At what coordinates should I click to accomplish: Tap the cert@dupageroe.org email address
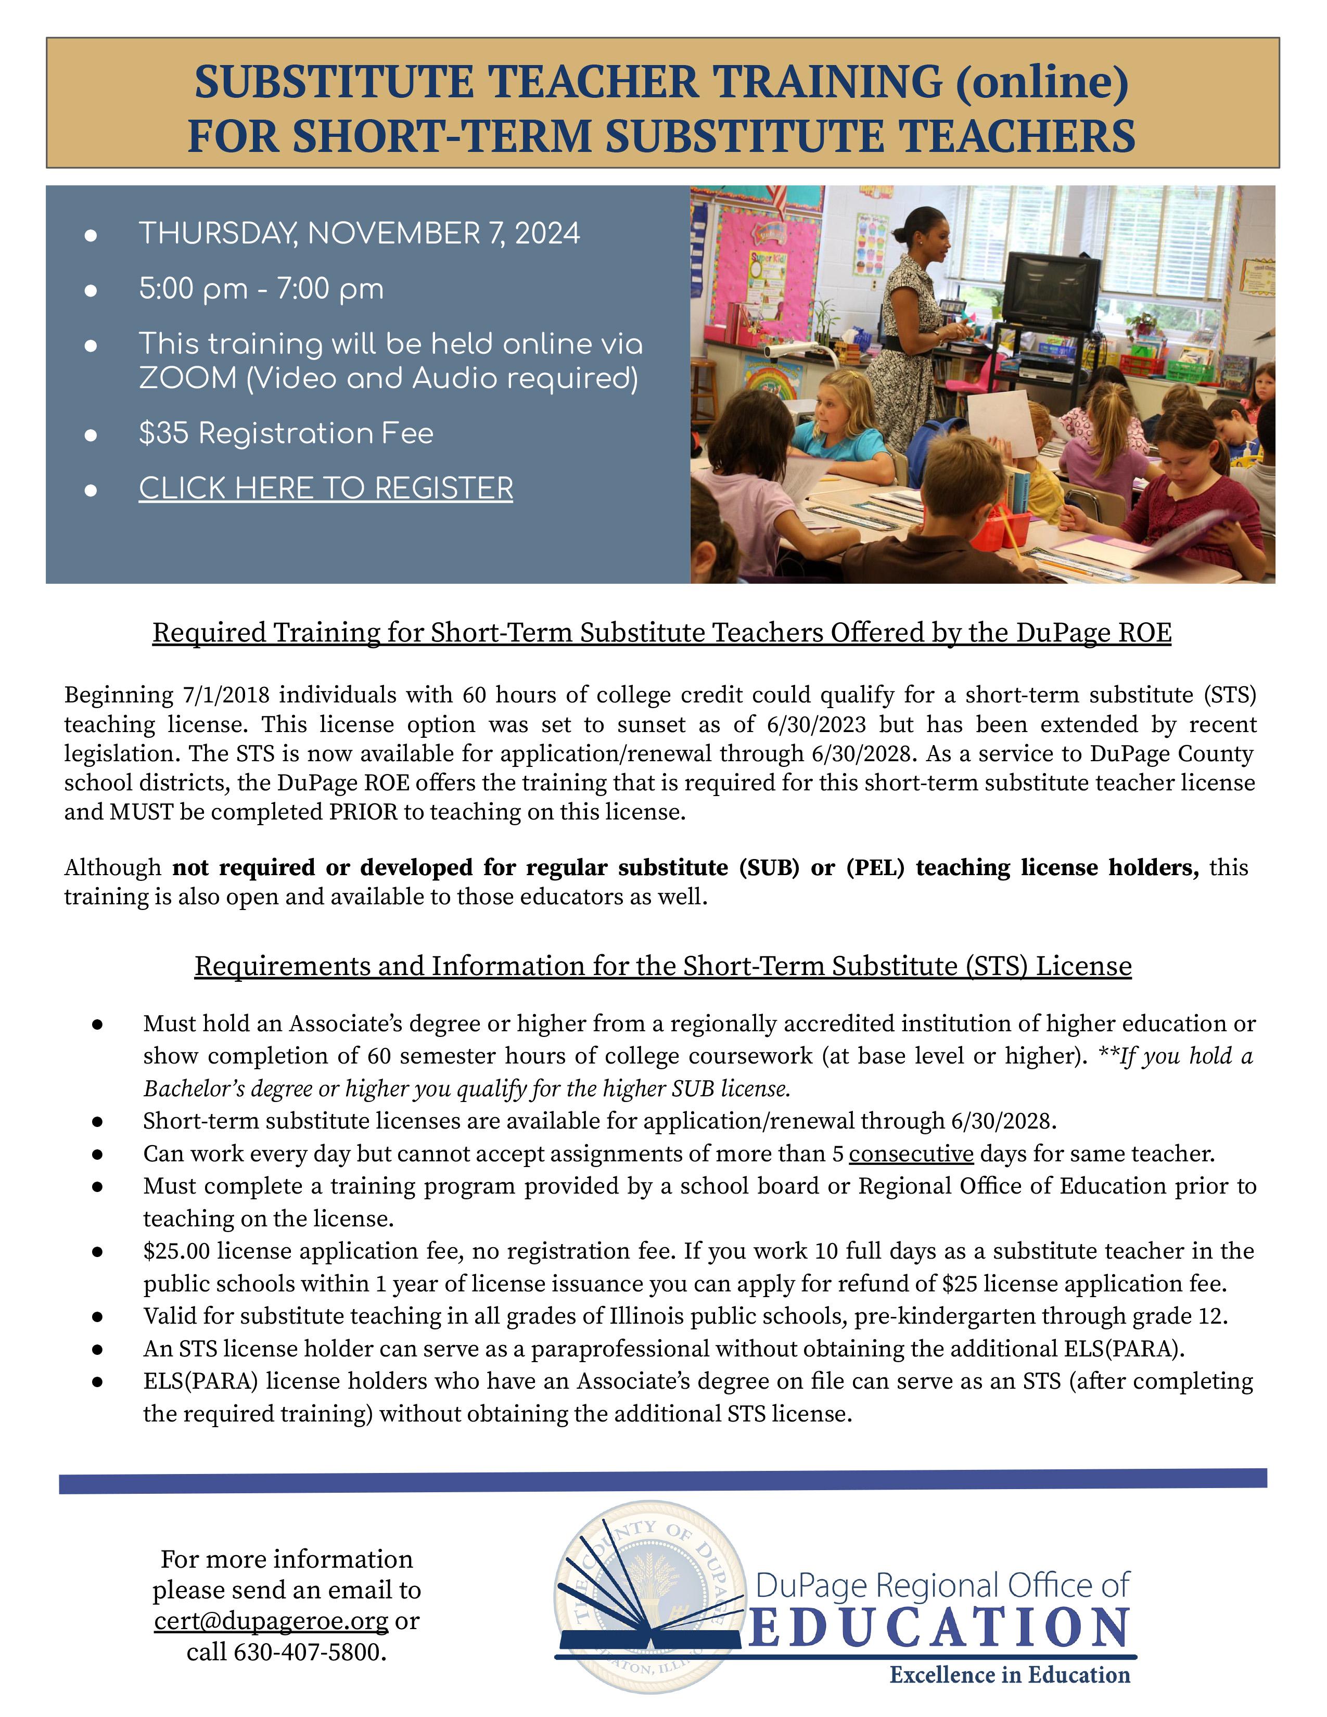[x=271, y=1621]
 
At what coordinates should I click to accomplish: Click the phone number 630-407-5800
[x=308, y=1652]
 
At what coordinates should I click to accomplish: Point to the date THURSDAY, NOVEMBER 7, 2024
[x=359, y=234]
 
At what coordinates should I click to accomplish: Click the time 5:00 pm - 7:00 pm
[x=261, y=289]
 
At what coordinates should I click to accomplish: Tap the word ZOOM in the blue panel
[x=187, y=378]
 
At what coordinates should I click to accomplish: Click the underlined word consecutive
[x=911, y=1154]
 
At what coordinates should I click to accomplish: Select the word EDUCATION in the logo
[x=939, y=1628]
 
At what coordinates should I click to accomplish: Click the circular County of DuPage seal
[x=650, y=1604]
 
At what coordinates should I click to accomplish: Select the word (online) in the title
[x=1042, y=82]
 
